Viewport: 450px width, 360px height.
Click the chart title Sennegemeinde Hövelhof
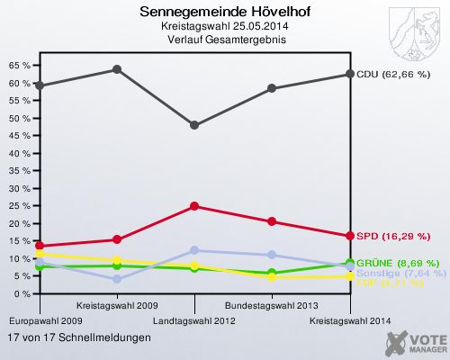pyautogui.click(x=214, y=13)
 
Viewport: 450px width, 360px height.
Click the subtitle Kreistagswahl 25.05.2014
pyautogui.click(x=214, y=27)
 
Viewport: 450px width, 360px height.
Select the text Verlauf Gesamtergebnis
pyautogui.click(x=214, y=40)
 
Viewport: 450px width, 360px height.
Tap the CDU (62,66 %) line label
pyautogui.click(x=392, y=75)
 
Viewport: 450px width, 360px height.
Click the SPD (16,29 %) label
pyautogui.click(x=392, y=237)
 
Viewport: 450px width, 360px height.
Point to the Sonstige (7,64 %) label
pyautogui.click(x=400, y=273)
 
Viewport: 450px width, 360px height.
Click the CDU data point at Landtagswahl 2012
pyautogui.click(x=194, y=125)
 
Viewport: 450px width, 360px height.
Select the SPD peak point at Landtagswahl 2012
pyautogui.click(x=194, y=206)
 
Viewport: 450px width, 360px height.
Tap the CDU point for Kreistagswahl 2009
pyautogui.click(x=117, y=69)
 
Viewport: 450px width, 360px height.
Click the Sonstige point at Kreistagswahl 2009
pyautogui.click(x=117, y=279)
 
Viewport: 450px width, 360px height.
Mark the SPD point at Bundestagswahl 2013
pyautogui.click(x=272, y=221)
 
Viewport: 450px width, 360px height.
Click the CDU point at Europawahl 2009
pyautogui.click(x=40, y=85)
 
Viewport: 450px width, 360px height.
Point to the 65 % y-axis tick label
pyautogui.click(x=18, y=66)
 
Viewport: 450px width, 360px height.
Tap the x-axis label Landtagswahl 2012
pyautogui.click(x=194, y=320)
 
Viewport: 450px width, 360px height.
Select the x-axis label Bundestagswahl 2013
pyautogui.click(x=271, y=305)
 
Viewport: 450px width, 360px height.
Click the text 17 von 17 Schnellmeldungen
pyautogui.click(x=79, y=337)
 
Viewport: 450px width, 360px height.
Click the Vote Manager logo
pyautogui.click(x=414, y=342)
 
